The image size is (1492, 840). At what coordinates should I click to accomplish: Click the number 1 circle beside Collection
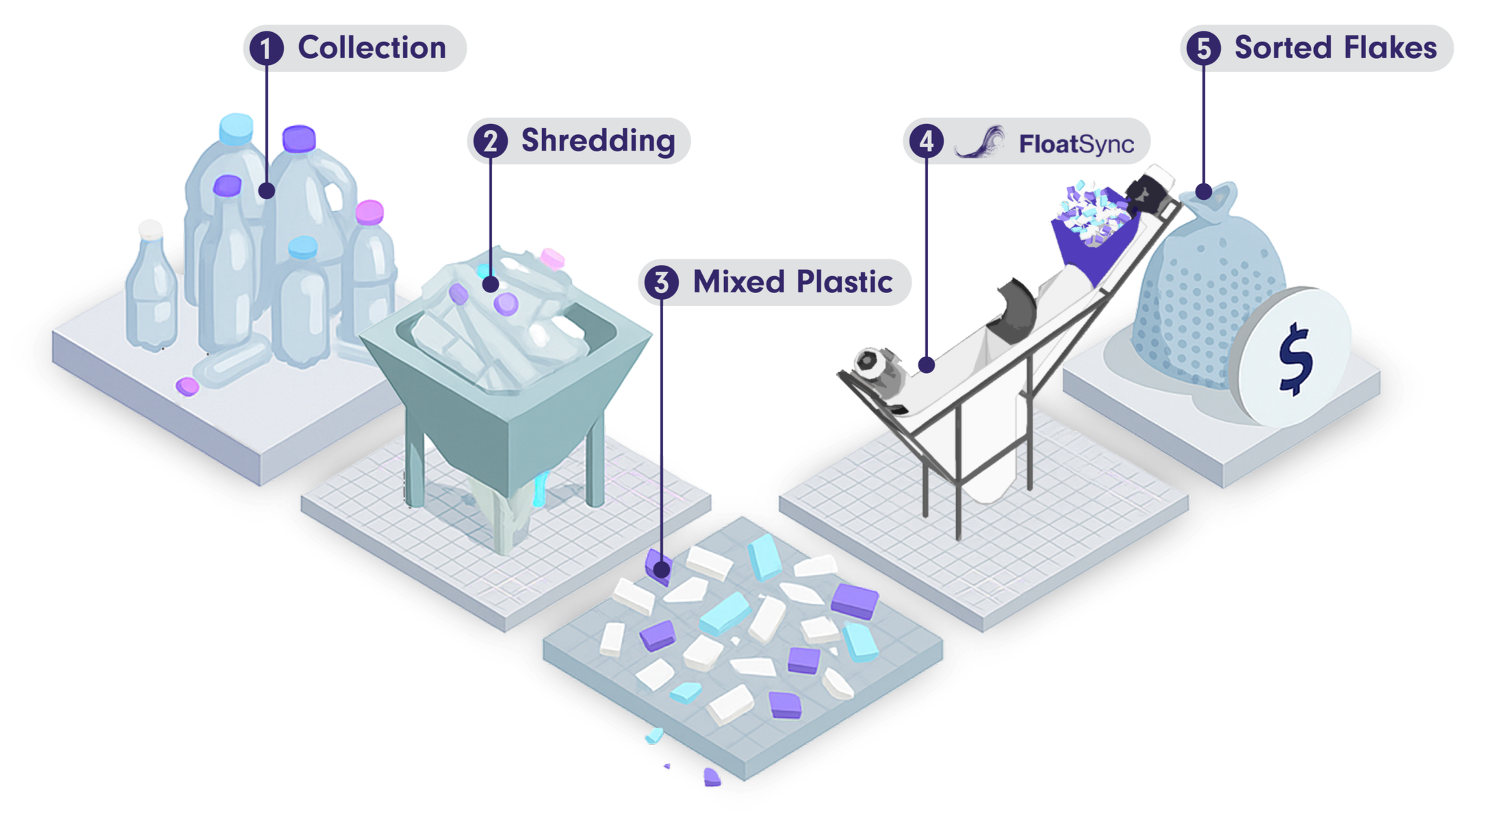pos(266,49)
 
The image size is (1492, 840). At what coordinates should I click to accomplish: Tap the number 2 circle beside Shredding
pos(490,142)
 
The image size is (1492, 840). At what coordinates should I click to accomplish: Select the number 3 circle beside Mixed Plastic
pos(661,283)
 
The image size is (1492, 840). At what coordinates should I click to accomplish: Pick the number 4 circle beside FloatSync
pos(927,142)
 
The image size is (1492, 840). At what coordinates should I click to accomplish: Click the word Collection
pos(372,48)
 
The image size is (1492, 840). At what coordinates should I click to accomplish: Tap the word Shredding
pos(598,141)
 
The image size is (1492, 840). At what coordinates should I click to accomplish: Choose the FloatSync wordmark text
pos(1076,144)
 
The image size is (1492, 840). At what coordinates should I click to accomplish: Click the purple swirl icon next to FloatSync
pos(980,142)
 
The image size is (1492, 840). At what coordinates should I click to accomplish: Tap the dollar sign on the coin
pos(1295,359)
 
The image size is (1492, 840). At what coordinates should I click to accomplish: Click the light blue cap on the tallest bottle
pos(236,128)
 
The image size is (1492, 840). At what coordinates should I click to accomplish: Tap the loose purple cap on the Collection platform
pos(187,386)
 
